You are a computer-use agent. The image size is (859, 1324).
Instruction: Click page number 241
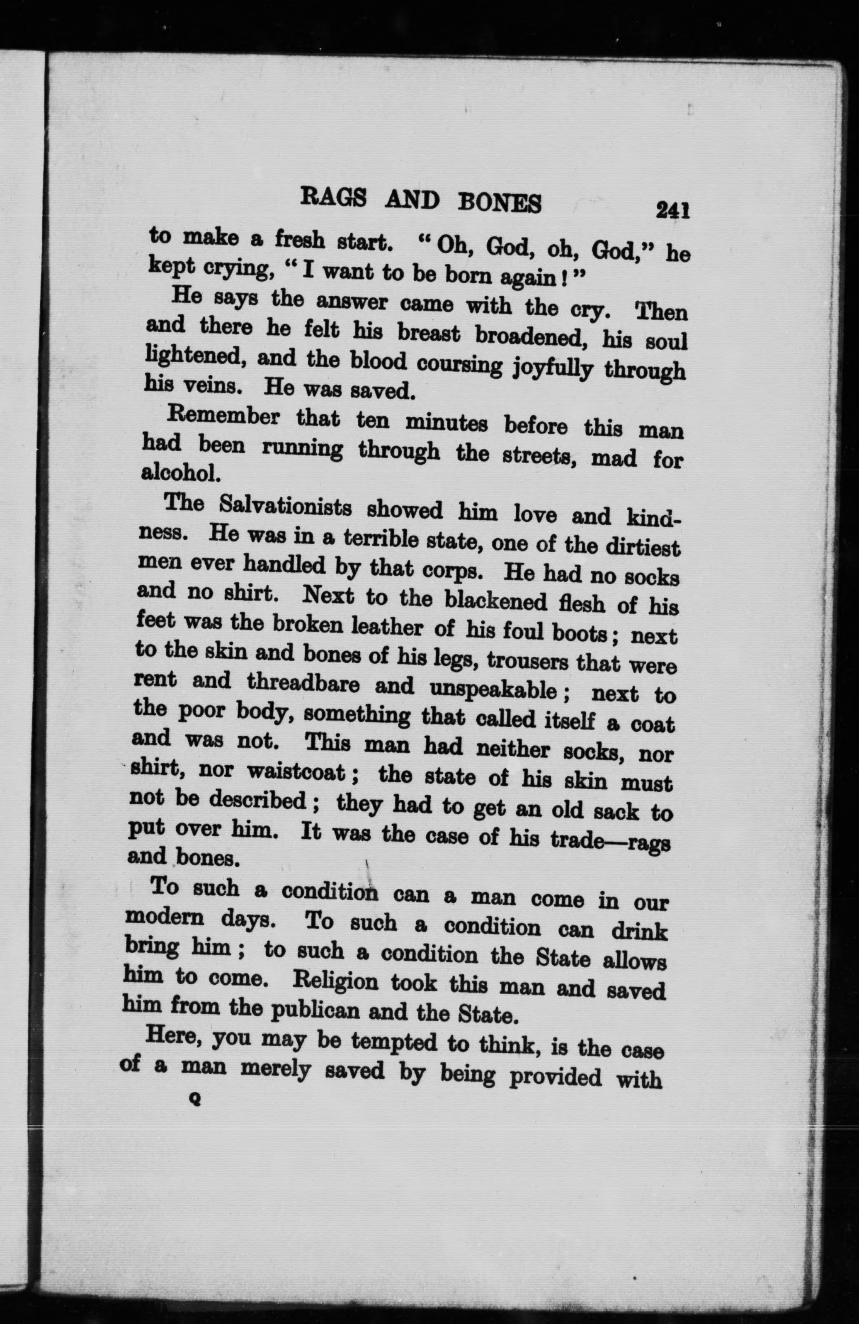673,210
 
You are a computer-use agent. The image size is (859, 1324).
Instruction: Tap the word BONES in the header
499,203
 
